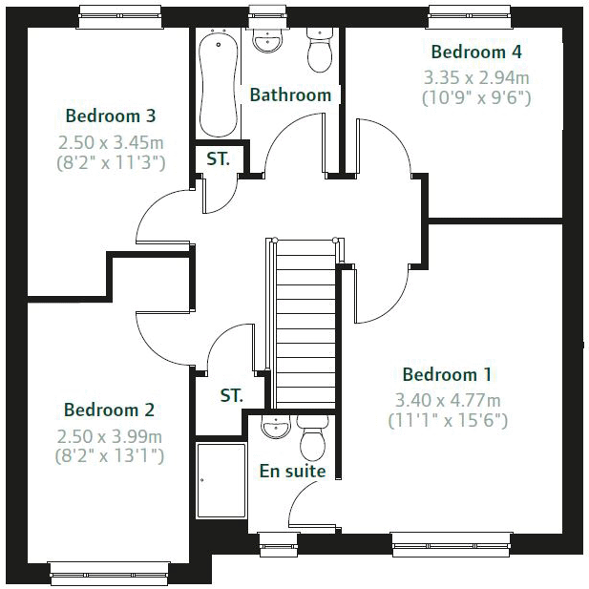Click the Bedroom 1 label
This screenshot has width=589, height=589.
(x=447, y=374)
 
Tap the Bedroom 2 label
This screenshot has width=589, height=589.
(x=109, y=410)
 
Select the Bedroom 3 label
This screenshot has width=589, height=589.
(x=111, y=116)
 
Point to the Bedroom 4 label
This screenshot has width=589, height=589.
(x=476, y=52)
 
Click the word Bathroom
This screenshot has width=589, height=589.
(x=290, y=95)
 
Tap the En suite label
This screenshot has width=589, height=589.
(x=292, y=471)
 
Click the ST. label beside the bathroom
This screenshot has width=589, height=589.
(x=219, y=159)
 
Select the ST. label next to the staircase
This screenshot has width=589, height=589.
(x=231, y=394)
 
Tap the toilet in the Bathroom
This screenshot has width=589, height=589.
(x=319, y=52)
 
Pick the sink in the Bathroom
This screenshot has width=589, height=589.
(x=266, y=43)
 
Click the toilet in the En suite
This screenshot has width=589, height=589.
(x=312, y=438)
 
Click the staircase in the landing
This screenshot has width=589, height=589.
(x=304, y=325)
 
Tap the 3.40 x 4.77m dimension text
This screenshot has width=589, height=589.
(x=448, y=400)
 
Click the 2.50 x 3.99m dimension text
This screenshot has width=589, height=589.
(x=110, y=436)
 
